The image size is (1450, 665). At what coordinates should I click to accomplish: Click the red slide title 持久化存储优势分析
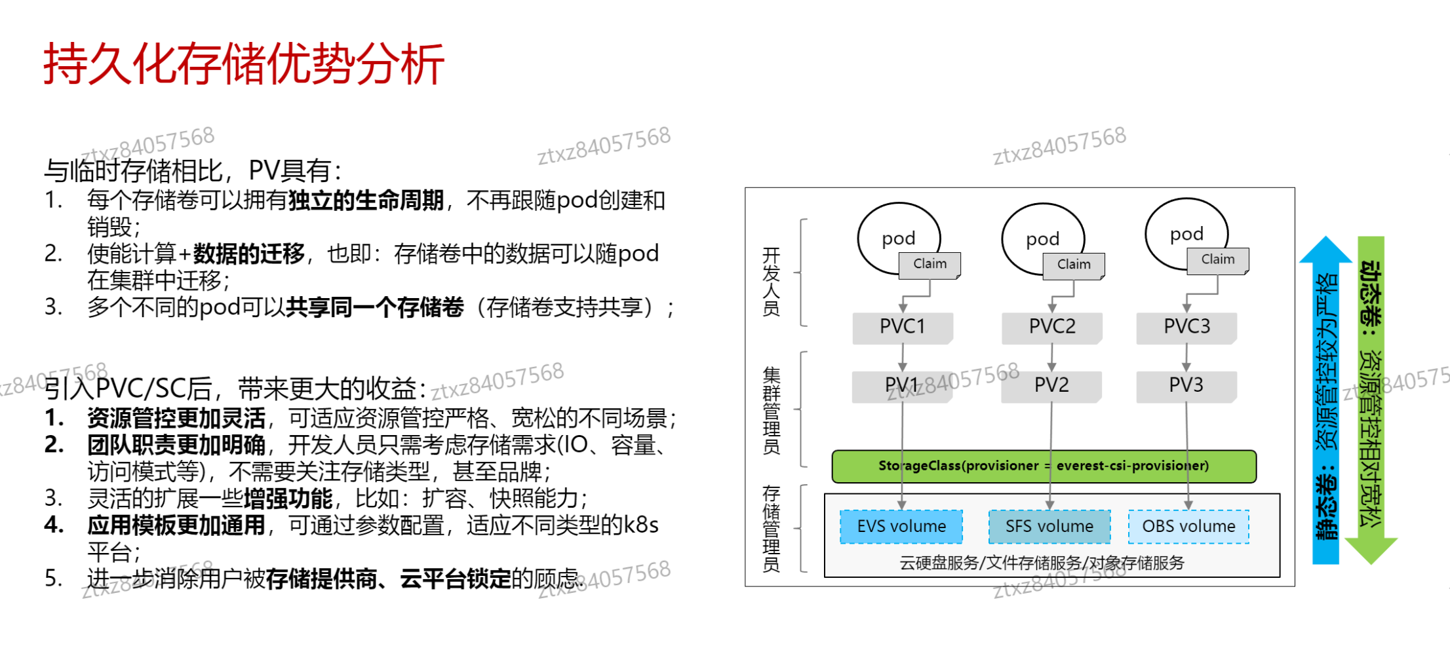click(244, 64)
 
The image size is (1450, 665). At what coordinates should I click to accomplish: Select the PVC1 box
click(902, 326)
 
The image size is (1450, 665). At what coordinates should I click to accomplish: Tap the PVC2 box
click(1051, 326)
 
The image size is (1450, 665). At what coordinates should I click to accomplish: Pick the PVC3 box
click(1186, 326)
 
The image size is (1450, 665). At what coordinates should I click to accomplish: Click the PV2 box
click(1051, 385)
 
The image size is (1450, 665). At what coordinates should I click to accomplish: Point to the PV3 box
click(1186, 385)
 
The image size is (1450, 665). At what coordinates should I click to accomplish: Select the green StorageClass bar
click(1044, 466)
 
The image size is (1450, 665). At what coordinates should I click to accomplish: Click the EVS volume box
click(901, 526)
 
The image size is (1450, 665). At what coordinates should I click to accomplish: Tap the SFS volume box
click(1049, 526)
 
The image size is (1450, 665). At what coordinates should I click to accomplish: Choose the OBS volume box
click(1188, 526)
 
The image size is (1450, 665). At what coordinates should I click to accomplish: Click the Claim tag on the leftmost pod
click(930, 264)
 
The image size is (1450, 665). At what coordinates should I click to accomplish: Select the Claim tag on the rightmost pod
click(1217, 259)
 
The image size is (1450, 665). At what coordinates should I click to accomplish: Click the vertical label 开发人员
click(772, 282)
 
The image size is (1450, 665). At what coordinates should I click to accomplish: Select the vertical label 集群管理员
click(772, 410)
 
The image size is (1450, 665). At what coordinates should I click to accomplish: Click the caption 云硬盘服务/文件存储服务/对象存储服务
click(1042, 563)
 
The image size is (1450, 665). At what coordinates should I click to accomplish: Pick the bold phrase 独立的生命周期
click(366, 200)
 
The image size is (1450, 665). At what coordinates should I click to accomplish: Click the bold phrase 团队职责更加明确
click(176, 446)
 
